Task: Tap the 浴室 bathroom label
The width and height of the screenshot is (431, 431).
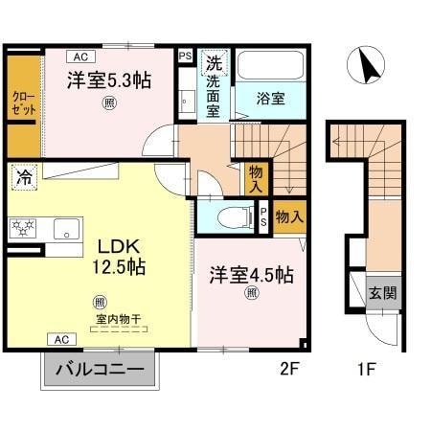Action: (x=269, y=97)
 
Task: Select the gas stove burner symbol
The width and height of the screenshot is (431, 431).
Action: (x=22, y=227)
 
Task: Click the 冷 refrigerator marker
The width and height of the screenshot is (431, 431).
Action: (x=21, y=176)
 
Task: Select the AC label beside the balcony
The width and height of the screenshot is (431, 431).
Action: (x=59, y=339)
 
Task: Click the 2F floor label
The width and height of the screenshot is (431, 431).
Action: (x=284, y=367)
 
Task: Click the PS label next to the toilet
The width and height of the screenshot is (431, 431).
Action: (x=263, y=218)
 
